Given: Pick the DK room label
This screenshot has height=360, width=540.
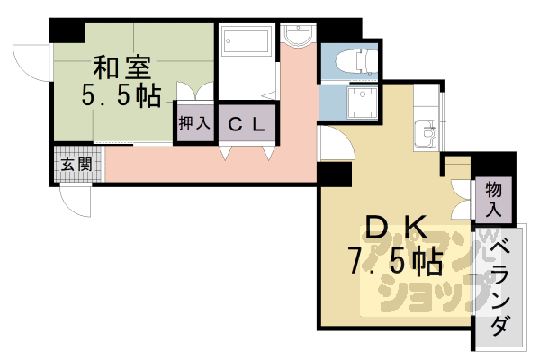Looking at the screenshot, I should coord(395,228).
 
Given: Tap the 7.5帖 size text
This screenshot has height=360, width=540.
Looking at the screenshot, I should coord(395,261).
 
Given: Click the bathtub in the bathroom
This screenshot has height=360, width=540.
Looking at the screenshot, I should coord(246,42).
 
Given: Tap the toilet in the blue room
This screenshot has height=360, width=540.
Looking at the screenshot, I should coord(351,61).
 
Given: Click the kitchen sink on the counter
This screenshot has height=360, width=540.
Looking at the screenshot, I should coord(424,135).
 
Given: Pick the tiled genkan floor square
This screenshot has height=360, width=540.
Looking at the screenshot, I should coord(76,166).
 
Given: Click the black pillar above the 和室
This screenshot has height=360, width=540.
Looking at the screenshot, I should coord(65,28).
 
